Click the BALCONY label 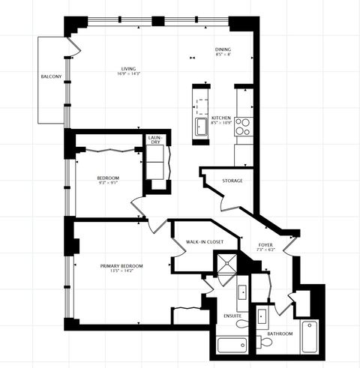[51, 77]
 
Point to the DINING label [223, 49]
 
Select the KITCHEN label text [220, 118]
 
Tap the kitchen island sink [202, 127]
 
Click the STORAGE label [232, 181]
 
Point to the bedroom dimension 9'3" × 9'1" [108, 183]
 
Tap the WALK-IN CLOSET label [205, 242]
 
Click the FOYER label [265, 245]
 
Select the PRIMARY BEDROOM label [121, 266]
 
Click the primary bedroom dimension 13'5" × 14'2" [121, 271]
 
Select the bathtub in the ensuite [232, 346]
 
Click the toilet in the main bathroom [265, 343]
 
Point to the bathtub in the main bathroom [311, 337]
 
